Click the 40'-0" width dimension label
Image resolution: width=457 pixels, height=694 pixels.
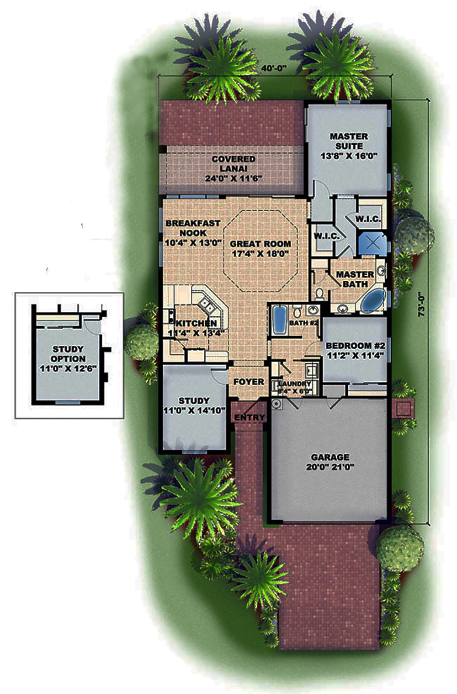pos(274,68)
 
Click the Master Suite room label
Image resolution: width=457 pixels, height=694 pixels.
pos(349,146)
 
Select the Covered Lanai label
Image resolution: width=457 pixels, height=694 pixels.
pos(233,168)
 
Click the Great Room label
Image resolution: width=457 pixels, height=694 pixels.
pos(260,248)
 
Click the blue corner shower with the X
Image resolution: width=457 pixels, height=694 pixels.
pos(371,242)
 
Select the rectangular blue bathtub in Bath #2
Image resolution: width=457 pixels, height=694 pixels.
pos(278,321)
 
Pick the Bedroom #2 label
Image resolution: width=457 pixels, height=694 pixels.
pos(355,350)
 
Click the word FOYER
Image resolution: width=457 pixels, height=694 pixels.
pos(249,382)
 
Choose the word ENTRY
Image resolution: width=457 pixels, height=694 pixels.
pos(250,417)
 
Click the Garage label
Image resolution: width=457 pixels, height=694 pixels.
pos(330,461)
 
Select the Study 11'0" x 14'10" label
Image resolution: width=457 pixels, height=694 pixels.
pos(194,405)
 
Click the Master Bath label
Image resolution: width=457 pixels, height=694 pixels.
pos(355,279)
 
